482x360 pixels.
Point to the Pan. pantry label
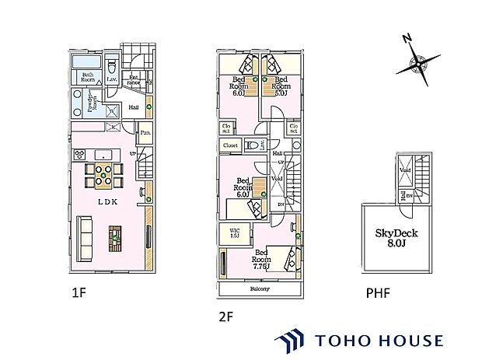coord(145,134)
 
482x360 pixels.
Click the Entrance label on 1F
coord(133,78)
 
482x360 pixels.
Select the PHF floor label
coord(377,294)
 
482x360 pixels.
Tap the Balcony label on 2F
coord(260,289)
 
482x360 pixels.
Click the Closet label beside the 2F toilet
coord(231,145)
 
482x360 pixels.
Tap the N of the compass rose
coord(407,39)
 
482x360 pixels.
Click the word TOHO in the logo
coord(341,341)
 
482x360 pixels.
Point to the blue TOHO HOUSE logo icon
coord(292,341)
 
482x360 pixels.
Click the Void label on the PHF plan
coord(405,170)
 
